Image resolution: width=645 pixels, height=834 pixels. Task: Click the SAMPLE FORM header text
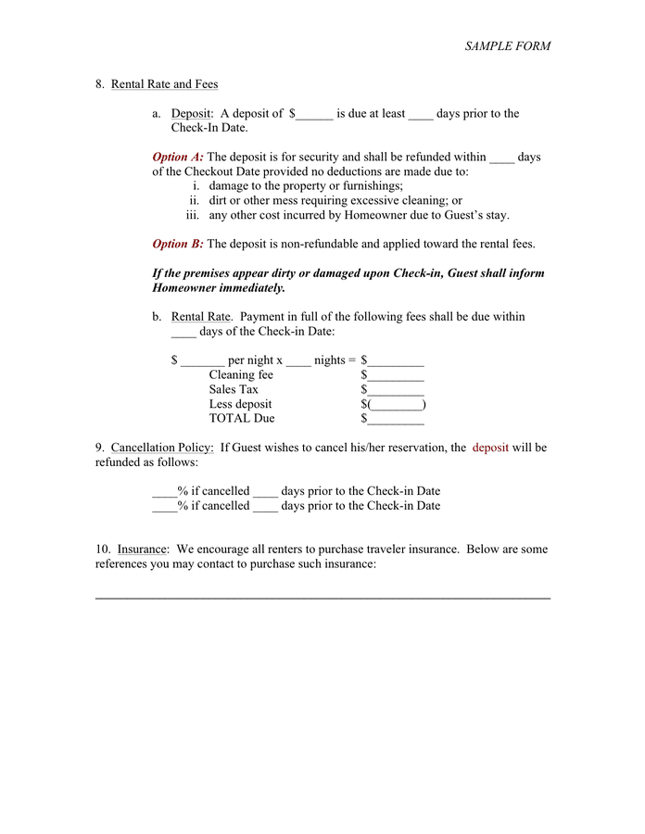[x=507, y=45]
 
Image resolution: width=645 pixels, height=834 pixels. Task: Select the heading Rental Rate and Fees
[x=164, y=84]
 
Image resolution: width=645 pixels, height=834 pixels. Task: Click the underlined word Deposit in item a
[x=192, y=114]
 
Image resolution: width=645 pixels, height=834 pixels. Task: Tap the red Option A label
[x=178, y=158]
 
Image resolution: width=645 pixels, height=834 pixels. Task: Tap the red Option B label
[x=178, y=245]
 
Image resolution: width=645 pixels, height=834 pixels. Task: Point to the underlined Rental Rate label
[x=200, y=317]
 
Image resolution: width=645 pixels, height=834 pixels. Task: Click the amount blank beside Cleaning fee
[x=396, y=376]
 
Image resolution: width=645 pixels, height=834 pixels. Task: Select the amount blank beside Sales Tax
[x=396, y=390]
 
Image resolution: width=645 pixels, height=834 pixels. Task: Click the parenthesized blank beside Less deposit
[x=396, y=405]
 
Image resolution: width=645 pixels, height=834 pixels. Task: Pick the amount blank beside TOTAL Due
[x=396, y=419]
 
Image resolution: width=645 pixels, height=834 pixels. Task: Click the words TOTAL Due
[x=241, y=419]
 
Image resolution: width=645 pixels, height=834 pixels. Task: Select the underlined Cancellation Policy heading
[x=162, y=448]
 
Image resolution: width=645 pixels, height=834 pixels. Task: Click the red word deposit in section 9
[x=490, y=448]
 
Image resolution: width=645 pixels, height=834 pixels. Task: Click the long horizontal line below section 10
[x=322, y=598]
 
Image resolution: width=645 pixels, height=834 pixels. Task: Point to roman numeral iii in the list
[x=193, y=215]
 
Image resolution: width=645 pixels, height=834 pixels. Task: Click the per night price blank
[x=202, y=361]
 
